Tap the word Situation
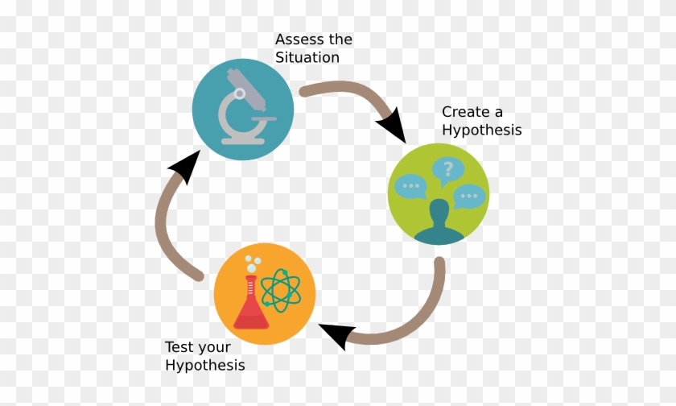pyautogui.click(x=307, y=57)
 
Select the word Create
pyautogui.click(x=466, y=112)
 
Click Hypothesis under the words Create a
pyautogui.click(x=482, y=130)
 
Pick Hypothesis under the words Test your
pyautogui.click(x=205, y=366)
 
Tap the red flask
pyautogui.click(x=251, y=304)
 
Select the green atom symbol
pyautogui.click(x=281, y=290)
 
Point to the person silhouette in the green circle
pyautogui.click(x=439, y=222)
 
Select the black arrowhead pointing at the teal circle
pyautogui.click(x=186, y=166)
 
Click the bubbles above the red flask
pyautogui.click(x=253, y=264)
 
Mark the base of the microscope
pyautogui.click(x=243, y=141)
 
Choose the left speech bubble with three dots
pyautogui.click(x=411, y=186)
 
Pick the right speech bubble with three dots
pyautogui.click(x=469, y=197)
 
